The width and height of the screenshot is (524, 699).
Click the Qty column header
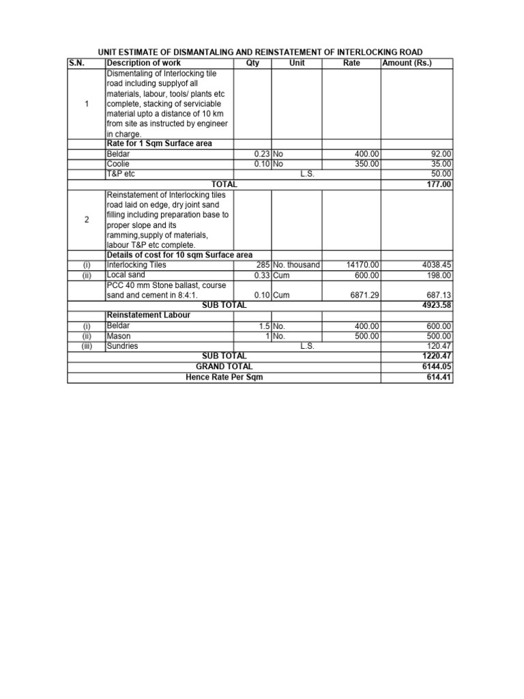pyautogui.click(x=252, y=63)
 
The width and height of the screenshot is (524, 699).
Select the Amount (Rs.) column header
pyautogui.click(x=407, y=63)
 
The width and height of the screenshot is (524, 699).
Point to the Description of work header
pyautogui.click(x=143, y=63)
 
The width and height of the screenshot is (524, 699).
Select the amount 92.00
pyautogui.click(x=441, y=155)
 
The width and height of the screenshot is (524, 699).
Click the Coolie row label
pyautogui.click(x=118, y=165)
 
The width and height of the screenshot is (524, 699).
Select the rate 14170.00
pyautogui.click(x=363, y=265)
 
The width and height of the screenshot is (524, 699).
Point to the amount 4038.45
pyautogui.click(x=437, y=265)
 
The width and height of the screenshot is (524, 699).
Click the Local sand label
pyautogui.click(x=126, y=275)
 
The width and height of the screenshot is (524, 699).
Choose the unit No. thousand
pyautogui.click(x=296, y=265)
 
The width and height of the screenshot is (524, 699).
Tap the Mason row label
pyautogui.click(x=118, y=336)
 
